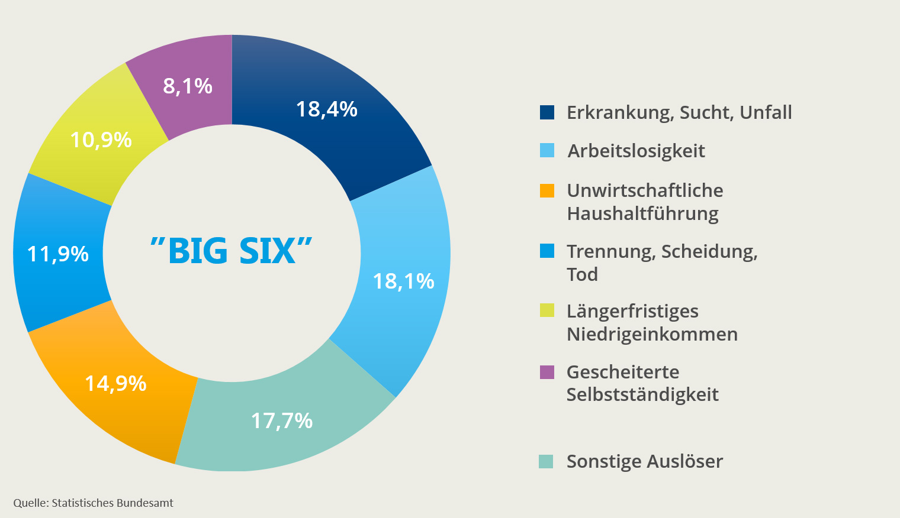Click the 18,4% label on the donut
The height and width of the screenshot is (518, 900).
point(327,109)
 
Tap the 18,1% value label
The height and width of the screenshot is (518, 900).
point(404,281)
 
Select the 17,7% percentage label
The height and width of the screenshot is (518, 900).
point(282,421)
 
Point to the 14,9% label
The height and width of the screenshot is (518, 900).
point(115,384)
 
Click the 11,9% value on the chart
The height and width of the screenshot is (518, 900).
point(58,254)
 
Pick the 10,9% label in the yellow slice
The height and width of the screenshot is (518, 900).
point(101,140)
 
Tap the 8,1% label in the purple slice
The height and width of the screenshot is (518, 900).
point(188,86)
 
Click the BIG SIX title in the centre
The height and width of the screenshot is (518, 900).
point(232,251)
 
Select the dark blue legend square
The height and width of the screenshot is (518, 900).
point(547,112)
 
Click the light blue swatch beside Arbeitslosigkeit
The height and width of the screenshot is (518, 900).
point(547,151)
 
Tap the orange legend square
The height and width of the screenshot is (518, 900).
point(547,191)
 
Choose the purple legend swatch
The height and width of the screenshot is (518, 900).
point(547,372)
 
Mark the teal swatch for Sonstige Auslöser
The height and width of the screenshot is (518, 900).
point(546,461)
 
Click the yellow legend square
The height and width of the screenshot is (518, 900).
point(547,310)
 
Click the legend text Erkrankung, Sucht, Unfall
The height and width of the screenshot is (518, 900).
point(679,112)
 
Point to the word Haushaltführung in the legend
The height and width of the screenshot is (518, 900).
point(642,213)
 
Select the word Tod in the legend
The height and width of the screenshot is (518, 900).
point(582,274)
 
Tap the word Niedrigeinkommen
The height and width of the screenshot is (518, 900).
point(652,334)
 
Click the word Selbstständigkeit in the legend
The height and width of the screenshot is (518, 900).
point(642,394)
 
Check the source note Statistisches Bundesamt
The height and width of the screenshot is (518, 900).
point(112,503)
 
